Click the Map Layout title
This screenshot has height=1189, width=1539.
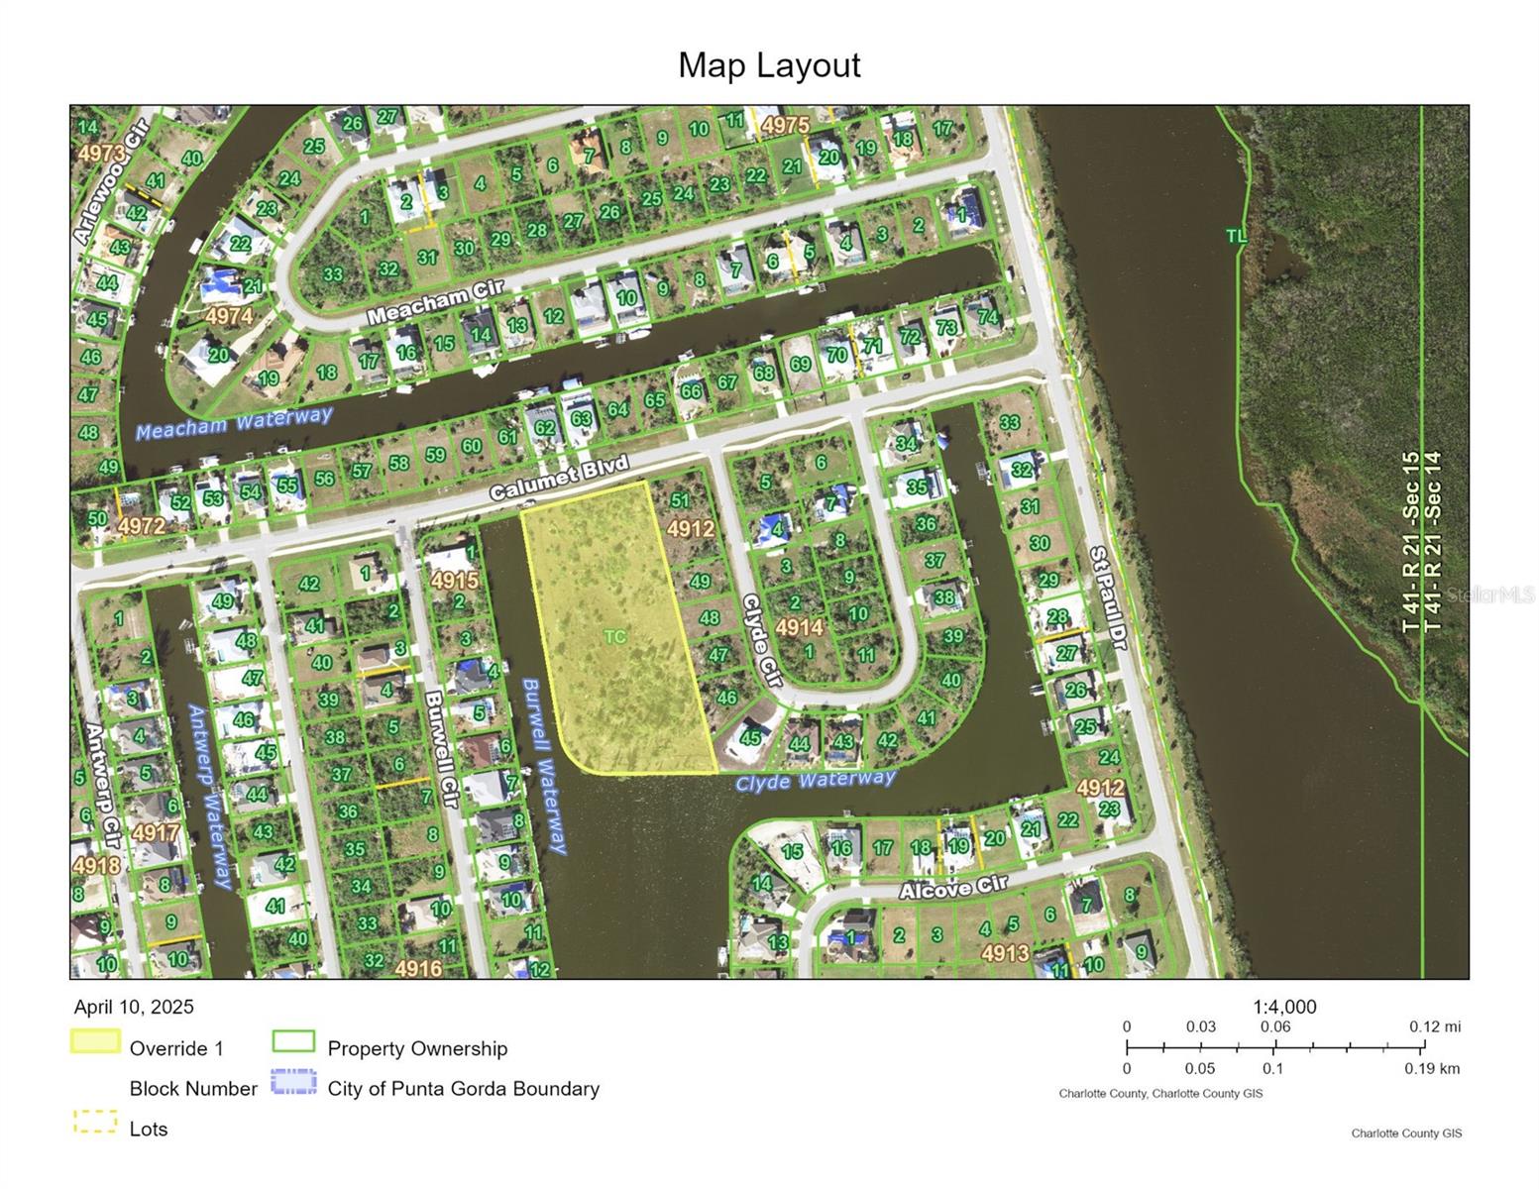tap(769, 65)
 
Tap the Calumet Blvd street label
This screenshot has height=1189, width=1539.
tap(559, 479)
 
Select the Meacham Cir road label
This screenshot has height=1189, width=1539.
tap(435, 302)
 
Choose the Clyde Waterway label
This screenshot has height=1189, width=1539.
tap(816, 781)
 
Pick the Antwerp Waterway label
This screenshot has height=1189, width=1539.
tap(210, 796)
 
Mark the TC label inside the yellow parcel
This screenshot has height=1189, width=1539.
tap(615, 636)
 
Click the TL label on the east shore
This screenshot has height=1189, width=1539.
tap(1236, 236)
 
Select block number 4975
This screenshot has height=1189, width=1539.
tap(786, 126)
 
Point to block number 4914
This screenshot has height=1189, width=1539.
tap(799, 627)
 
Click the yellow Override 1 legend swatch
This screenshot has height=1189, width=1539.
tap(95, 1041)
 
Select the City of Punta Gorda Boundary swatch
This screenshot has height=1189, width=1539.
tap(293, 1082)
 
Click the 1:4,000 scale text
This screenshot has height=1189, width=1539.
tap(1284, 1007)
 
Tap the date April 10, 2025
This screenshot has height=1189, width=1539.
tap(134, 1007)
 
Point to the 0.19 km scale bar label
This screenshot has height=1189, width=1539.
tap(1431, 1068)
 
